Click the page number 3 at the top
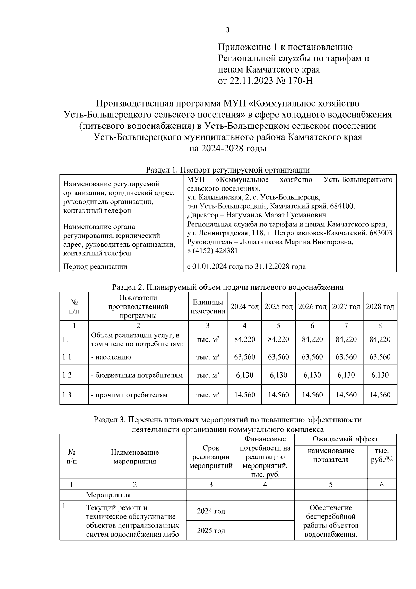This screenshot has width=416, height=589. (x=227, y=30)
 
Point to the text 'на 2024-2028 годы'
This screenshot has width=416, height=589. (x=227, y=149)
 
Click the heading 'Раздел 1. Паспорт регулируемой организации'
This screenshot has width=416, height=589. (x=227, y=170)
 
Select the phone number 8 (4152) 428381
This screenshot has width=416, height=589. (x=212, y=251)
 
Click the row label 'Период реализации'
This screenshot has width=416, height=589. (x=95, y=267)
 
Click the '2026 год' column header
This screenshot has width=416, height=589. (x=312, y=306)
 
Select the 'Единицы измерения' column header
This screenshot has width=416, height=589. (x=208, y=306)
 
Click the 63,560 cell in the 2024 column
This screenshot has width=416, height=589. (x=245, y=357)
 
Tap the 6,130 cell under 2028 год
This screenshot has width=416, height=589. (x=380, y=375)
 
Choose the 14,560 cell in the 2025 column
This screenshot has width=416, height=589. (x=278, y=395)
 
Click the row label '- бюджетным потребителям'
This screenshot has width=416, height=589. (x=137, y=375)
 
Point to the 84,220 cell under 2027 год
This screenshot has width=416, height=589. (x=346, y=339)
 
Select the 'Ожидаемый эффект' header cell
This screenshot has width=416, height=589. (x=345, y=439)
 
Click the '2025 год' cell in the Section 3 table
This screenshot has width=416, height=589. (x=211, y=530)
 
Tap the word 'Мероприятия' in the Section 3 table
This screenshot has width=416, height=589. (x=109, y=495)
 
